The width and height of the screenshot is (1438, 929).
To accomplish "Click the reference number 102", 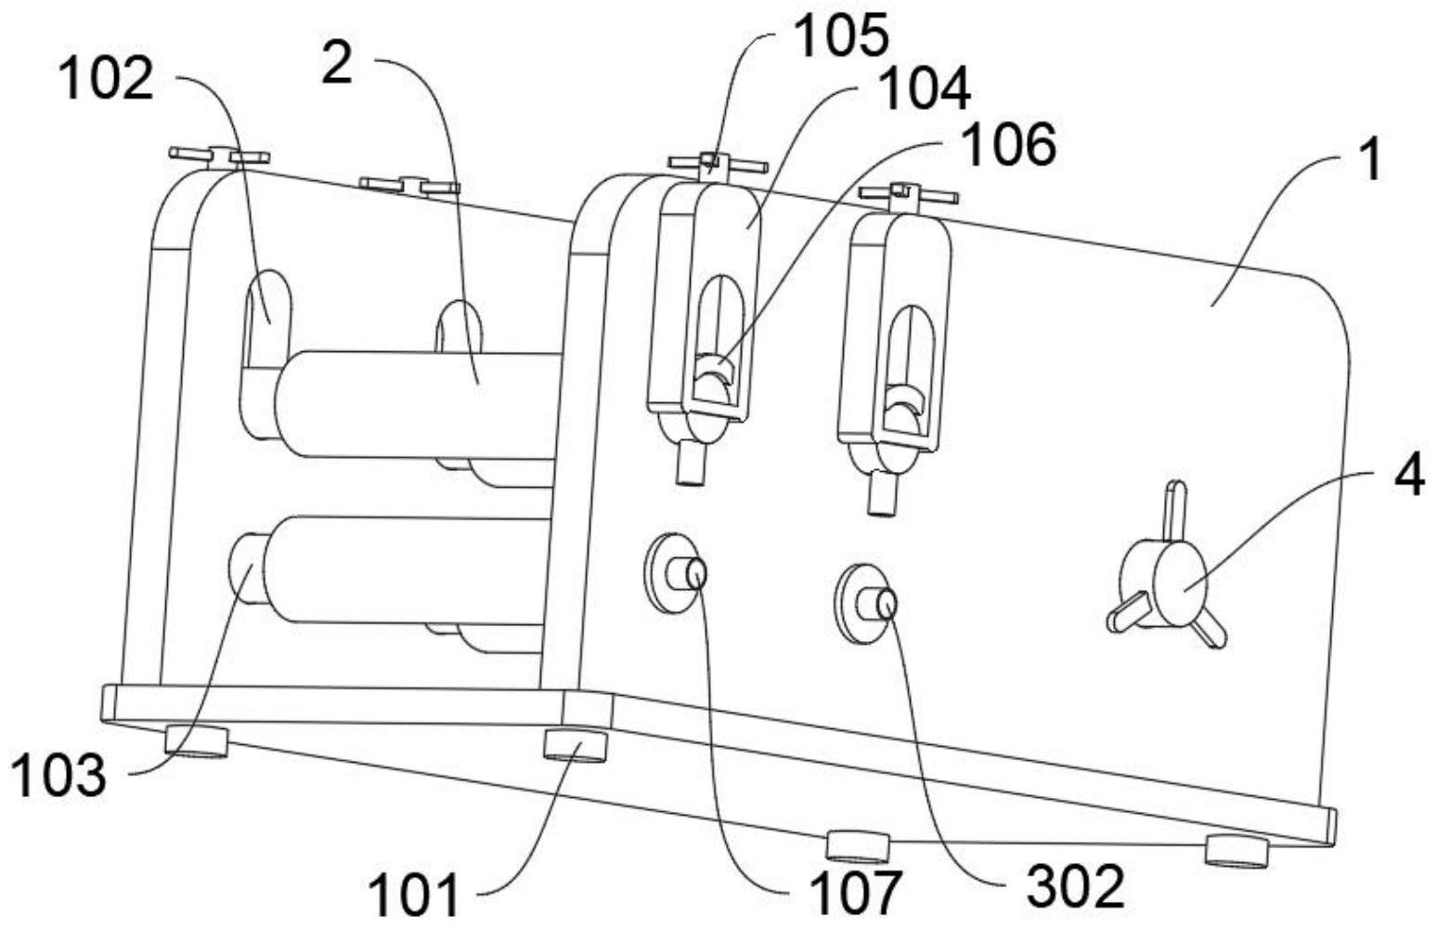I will pos(105,79).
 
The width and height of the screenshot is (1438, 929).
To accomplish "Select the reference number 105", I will pos(840,35).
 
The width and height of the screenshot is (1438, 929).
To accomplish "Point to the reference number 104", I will pos(924,90).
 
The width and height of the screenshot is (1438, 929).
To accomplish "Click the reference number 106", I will pos(1008,145).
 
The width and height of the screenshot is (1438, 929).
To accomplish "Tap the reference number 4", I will pos(1408,478).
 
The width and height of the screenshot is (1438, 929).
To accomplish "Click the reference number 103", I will pos(58,776).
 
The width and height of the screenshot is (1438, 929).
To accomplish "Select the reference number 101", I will pos(414,896).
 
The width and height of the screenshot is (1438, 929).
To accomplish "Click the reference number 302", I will pos(1075,886).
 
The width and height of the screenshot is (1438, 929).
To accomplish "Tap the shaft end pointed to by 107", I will pos(697,574).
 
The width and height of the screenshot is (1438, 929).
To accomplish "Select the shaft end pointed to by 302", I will pos(887,606).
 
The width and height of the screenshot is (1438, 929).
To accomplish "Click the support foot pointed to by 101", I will pos(575,745).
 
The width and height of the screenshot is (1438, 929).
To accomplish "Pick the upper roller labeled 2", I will pos(418,404).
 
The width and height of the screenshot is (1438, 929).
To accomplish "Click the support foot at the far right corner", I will pos(1236,847).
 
